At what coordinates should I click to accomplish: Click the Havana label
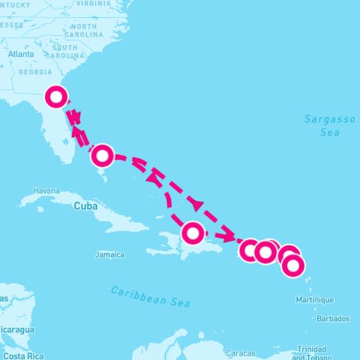pos(46,190)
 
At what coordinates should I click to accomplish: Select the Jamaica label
pos(109,255)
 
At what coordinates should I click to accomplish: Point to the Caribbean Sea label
pos(150,296)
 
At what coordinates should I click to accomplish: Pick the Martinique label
pos(315,300)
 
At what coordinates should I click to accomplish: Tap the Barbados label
pos(333,319)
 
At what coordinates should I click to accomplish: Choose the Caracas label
pos(241,352)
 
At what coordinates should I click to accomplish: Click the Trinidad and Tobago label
pos(310,352)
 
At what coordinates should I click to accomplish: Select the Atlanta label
pos(21,54)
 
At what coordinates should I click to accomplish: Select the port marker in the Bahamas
pos(103,156)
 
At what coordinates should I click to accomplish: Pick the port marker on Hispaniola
pos(193,233)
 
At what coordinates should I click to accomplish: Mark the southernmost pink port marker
pos(293,265)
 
